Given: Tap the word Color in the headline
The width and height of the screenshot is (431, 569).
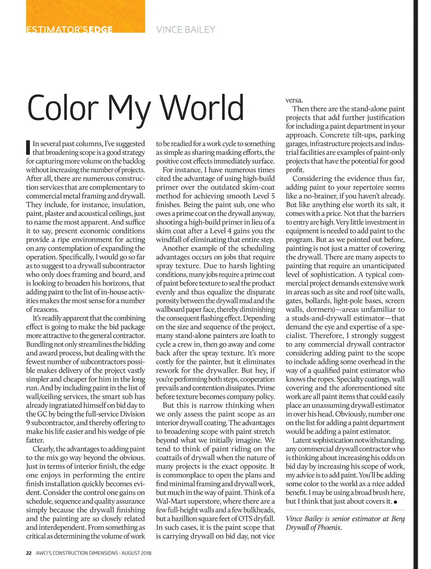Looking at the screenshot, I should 63,108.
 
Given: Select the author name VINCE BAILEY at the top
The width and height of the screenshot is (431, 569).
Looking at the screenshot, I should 186,29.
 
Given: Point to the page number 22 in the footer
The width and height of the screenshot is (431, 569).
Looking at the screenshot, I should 29,553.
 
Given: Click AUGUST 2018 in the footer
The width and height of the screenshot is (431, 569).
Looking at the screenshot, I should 136,553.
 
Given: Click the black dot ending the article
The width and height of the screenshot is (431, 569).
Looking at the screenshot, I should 395,502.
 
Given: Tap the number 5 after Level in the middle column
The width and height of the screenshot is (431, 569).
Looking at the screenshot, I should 273,196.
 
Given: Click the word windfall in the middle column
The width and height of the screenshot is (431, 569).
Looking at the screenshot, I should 170,240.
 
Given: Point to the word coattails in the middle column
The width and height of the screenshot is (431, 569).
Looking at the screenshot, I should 170,458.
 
